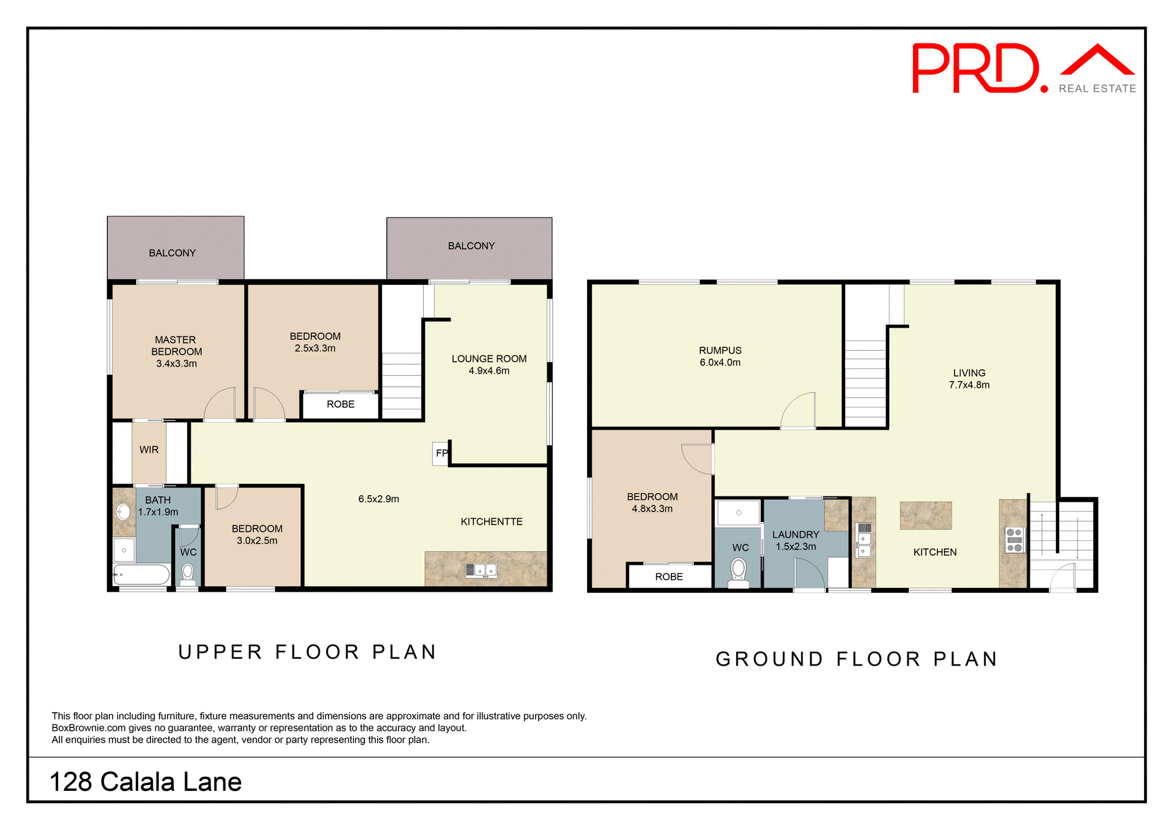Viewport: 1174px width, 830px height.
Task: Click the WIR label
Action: tap(149, 450)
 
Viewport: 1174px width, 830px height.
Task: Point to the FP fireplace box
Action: tap(441, 454)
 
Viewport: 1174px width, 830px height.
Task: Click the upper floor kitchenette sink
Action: tap(481, 570)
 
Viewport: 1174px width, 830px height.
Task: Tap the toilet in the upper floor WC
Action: tap(188, 573)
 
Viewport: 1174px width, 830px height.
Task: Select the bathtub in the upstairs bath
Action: tap(141, 575)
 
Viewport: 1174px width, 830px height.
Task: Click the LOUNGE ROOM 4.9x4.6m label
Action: tap(489, 365)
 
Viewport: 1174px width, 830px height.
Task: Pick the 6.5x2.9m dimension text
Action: tap(378, 499)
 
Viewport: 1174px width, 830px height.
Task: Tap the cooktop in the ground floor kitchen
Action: tap(1014, 540)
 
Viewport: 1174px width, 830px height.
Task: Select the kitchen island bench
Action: tap(925, 515)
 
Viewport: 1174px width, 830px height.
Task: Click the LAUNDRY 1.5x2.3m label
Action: tap(795, 541)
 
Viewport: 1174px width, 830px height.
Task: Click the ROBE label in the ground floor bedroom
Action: tap(668, 577)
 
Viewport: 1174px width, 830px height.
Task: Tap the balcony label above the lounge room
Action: tap(471, 246)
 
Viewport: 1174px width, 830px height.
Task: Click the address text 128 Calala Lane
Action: tap(146, 782)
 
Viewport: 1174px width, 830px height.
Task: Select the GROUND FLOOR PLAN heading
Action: tap(856, 659)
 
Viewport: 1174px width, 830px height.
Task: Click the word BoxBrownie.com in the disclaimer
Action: tap(88, 728)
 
